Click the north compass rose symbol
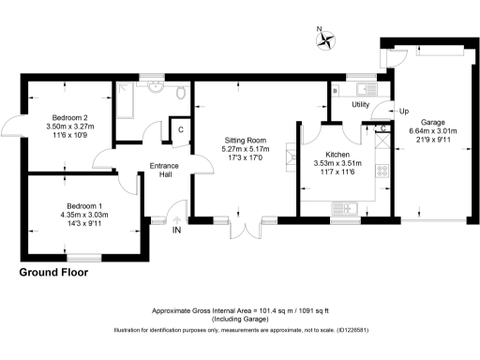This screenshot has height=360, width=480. click(x=325, y=37)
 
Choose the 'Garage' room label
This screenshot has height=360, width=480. click(x=432, y=123)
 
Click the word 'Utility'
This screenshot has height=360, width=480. click(x=361, y=105)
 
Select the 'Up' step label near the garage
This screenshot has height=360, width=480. click(x=404, y=112)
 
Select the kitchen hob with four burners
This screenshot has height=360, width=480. click(x=382, y=172)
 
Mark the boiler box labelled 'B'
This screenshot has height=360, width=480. click(x=336, y=91)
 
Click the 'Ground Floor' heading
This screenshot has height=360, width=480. click(x=54, y=273)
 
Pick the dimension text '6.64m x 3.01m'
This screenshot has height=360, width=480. click(x=433, y=132)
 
